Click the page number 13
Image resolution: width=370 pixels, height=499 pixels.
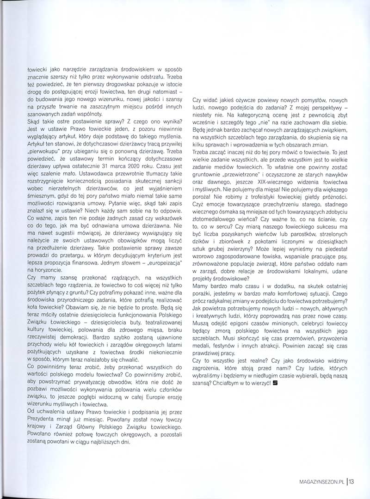351,481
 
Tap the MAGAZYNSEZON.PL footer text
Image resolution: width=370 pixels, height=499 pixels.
322,481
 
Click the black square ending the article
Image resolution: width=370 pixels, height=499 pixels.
275,370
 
